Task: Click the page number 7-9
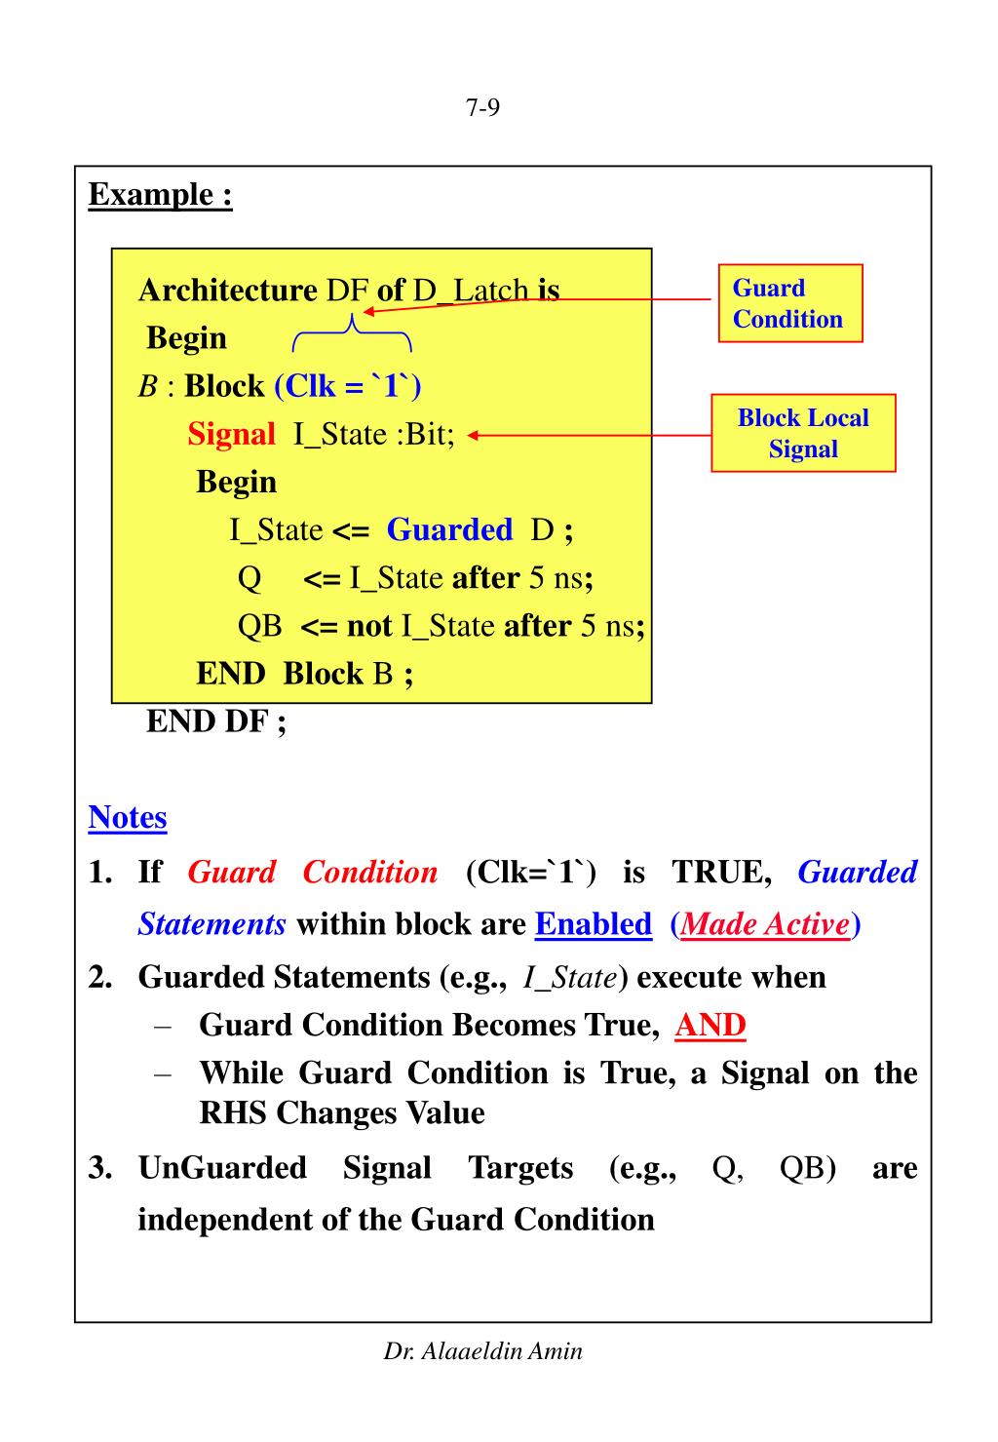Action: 482,108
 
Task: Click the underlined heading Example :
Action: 161,194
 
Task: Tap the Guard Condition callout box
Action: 790,303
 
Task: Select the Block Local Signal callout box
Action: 803,433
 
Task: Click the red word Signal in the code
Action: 231,434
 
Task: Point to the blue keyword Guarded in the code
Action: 449,529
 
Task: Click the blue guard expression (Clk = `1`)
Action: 348,386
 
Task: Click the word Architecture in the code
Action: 228,291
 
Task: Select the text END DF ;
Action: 216,721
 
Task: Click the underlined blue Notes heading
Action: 128,817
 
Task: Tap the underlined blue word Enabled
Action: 594,923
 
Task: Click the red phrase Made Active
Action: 765,923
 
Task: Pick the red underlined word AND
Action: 710,1025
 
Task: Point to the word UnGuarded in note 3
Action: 222,1167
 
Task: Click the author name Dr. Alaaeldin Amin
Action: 483,1351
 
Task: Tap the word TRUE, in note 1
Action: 722,872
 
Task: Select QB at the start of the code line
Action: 259,626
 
